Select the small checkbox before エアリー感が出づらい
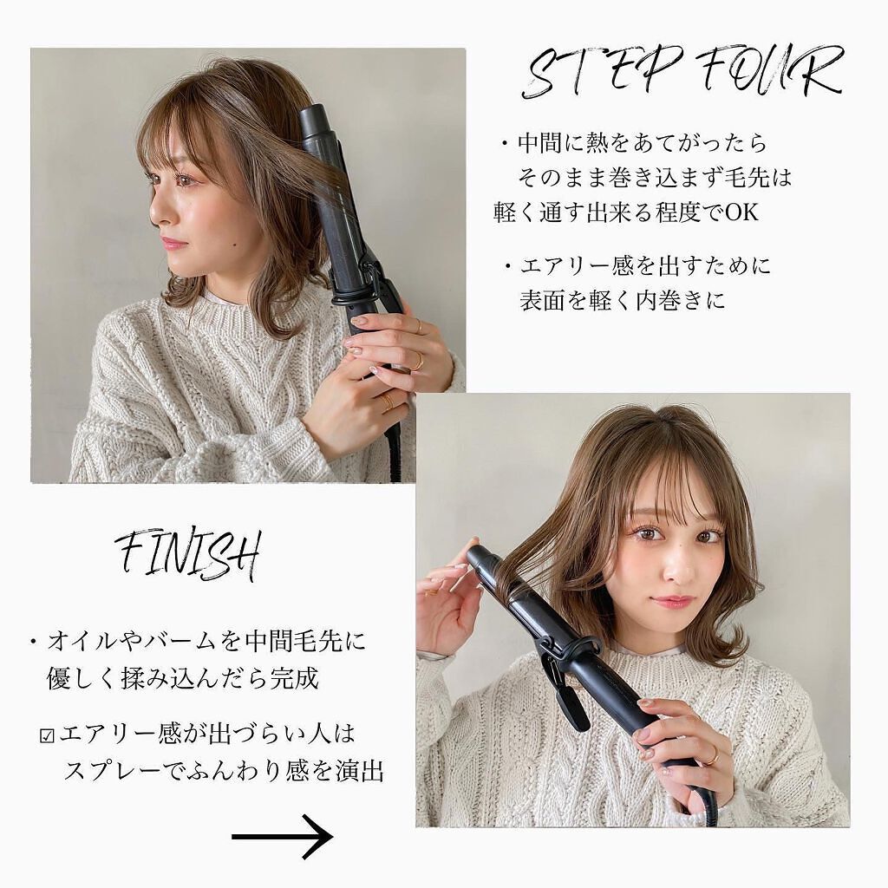(48, 736)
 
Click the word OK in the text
(741, 212)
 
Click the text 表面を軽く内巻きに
(622, 300)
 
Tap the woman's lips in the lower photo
(672, 601)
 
